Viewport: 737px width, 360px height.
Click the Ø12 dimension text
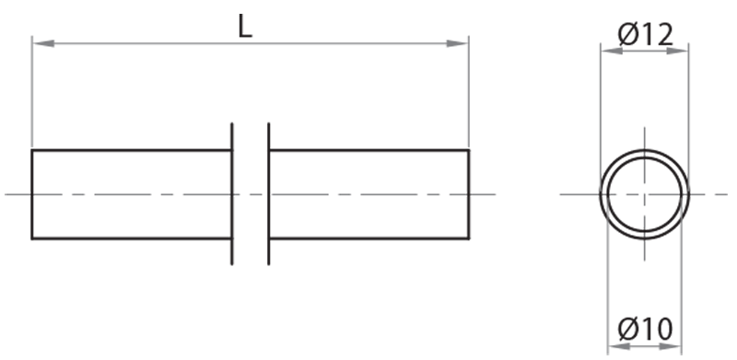[646, 35]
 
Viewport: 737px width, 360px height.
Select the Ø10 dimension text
[646, 329]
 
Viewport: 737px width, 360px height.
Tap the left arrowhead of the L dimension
[42, 43]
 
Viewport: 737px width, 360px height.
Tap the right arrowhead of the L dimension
[457, 43]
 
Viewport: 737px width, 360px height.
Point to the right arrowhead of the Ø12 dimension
[678, 51]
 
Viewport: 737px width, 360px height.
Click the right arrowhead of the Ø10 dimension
[671, 346]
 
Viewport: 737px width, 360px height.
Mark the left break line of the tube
[232, 194]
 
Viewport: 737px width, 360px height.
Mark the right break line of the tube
[269, 194]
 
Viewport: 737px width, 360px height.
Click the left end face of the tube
[32, 194]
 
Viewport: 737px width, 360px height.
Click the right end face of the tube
[469, 194]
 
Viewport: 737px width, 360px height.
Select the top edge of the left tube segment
[132, 150]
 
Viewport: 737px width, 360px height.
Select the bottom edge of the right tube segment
[369, 238]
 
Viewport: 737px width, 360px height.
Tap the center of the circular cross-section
[644, 194]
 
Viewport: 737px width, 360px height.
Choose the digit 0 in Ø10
[663, 329]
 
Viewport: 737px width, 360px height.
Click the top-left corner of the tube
[32, 150]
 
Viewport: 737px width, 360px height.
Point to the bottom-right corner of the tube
[469, 238]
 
